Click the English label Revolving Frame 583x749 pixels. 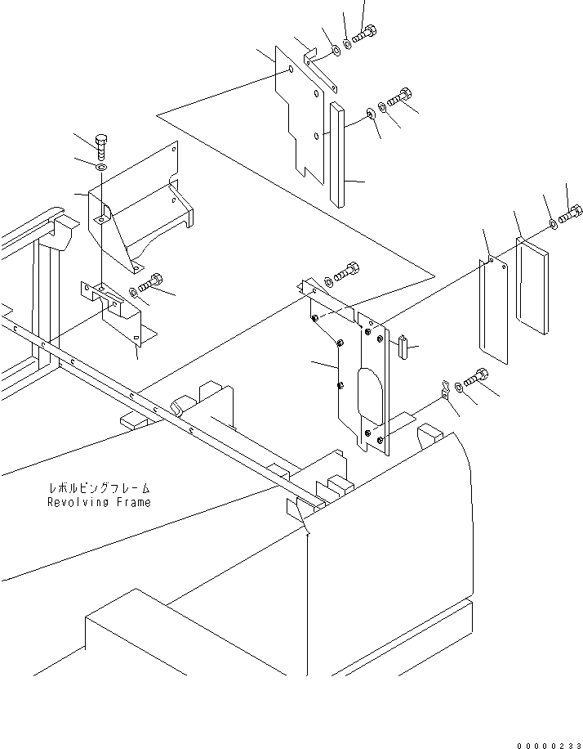(x=99, y=502)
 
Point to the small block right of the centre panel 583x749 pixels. (x=405, y=347)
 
